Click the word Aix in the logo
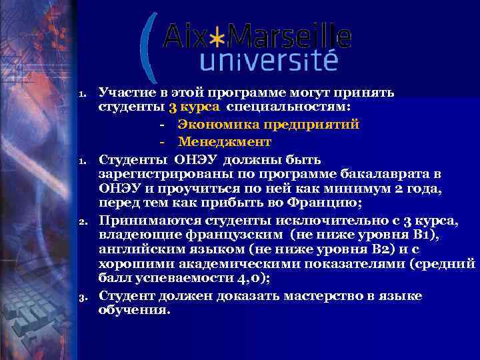point(184,37)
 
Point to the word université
point(269,63)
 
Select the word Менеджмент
point(224,142)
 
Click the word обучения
point(133,309)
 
